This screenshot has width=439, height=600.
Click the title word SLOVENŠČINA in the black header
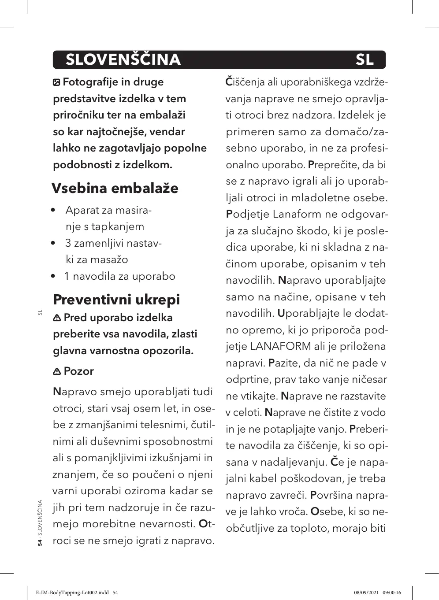click(x=123, y=59)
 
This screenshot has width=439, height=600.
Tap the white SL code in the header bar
click(x=365, y=59)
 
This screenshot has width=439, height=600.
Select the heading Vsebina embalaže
click(x=115, y=188)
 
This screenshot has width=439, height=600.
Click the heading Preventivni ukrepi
click(x=116, y=300)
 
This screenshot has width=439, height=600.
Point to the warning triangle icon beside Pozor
click(x=57, y=372)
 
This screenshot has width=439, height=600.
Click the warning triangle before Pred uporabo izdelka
click(x=57, y=318)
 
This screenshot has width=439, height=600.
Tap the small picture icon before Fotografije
click(x=56, y=82)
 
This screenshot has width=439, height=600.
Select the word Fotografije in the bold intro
click(x=91, y=82)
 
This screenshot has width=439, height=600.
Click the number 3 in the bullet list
click(x=68, y=243)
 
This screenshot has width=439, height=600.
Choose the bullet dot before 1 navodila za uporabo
click(x=53, y=277)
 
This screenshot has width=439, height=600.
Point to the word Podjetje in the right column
click(x=247, y=214)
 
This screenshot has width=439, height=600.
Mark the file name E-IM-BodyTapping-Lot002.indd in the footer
click(x=72, y=593)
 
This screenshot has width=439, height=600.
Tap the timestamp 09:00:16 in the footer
click(x=392, y=593)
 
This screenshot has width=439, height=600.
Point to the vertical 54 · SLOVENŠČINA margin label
click(x=40, y=522)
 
